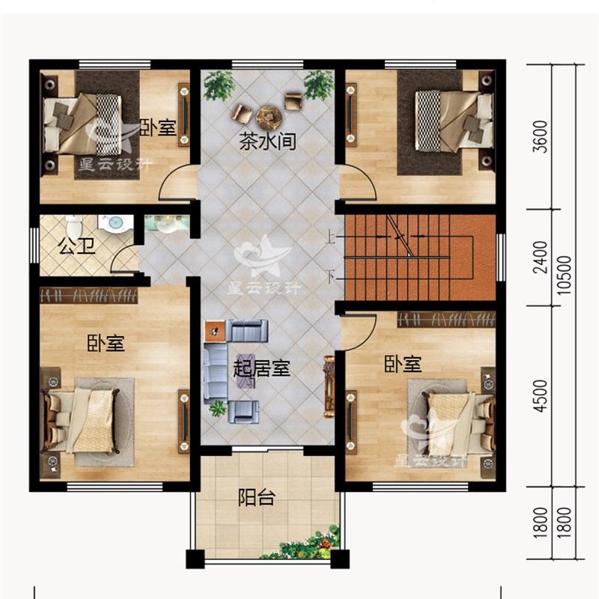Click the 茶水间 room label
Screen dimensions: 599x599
(267, 141)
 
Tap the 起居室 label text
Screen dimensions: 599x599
(262, 368)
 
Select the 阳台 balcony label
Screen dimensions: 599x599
(257, 497)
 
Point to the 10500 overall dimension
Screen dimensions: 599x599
(565, 275)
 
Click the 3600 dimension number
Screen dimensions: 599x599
(540, 136)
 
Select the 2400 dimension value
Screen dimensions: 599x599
(540, 257)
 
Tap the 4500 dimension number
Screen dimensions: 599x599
(540, 395)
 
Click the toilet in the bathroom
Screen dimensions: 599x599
(74, 225)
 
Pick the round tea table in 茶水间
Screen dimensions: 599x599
(269, 115)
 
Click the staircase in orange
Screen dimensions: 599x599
(420, 258)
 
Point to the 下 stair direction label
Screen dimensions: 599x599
(331, 276)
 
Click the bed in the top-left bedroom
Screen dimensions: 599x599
(82, 124)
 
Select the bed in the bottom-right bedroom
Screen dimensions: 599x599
(459, 424)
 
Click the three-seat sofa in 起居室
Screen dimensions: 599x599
(216, 371)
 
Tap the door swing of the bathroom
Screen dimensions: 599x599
(124, 260)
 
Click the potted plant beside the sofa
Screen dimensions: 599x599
(218, 408)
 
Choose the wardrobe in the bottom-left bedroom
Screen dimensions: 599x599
(88, 295)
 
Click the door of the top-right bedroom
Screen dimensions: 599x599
(357, 181)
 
